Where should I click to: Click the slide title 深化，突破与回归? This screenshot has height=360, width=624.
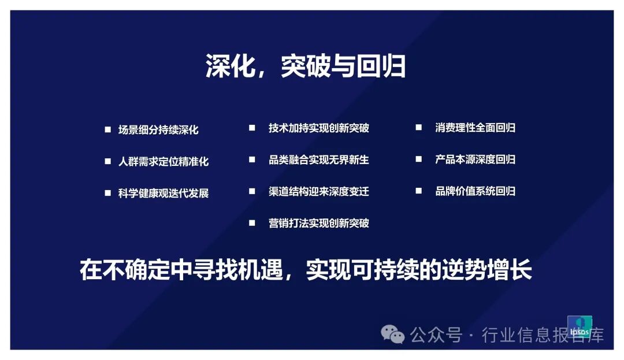305,66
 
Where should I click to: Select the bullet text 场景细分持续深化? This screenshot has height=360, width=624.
158,129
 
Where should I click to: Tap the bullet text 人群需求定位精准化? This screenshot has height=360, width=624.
163,161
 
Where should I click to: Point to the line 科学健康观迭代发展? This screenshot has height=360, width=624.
163,194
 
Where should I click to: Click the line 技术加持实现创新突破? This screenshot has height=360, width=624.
318,128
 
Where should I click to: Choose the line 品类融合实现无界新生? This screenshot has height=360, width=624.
318,160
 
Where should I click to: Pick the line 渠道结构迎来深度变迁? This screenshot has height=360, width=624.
318,192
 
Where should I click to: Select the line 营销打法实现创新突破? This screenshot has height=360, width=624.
318,223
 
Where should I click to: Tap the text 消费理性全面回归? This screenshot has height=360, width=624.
475,128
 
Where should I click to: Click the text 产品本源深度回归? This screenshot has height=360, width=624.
475,159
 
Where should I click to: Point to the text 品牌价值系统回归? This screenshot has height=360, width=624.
475,191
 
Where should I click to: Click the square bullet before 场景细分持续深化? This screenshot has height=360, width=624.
107,129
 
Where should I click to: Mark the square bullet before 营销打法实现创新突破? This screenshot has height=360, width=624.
252,223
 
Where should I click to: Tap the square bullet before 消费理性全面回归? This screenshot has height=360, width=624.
419,127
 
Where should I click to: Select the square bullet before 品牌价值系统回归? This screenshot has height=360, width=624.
419,191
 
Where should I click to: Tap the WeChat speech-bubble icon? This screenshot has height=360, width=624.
392,335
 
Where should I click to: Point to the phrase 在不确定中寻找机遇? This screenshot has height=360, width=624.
181,270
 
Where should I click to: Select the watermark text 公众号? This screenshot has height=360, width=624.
436,335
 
